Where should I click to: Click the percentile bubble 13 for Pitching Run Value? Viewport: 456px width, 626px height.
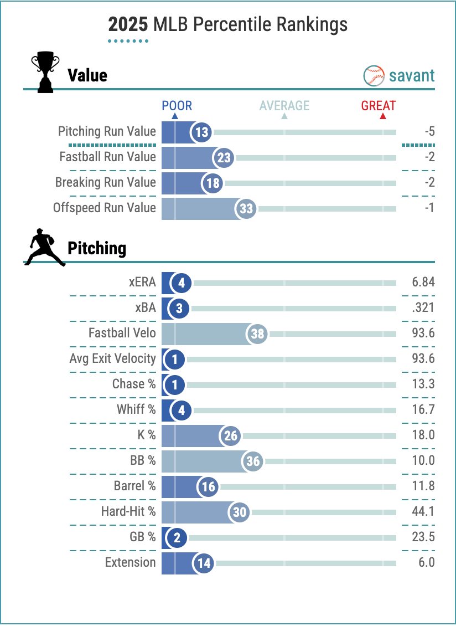(x=202, y=132)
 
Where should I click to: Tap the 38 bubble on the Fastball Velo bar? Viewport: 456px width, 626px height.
(x=257, y=334)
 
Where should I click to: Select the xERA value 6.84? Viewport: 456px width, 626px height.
(x=423, y=283)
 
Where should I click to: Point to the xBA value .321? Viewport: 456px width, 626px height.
(x=423, y=309)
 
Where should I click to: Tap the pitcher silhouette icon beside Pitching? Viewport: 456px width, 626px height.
(x=45, y=247)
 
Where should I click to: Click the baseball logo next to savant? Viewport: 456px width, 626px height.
(x=374, y=76)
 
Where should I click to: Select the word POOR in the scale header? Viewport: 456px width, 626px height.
(x=177, y=106)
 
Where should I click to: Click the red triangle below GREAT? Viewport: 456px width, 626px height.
(x=382, y=116)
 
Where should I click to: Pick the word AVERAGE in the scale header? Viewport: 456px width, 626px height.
(x=284, y=106)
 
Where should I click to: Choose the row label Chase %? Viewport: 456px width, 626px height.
(x=134, y=384)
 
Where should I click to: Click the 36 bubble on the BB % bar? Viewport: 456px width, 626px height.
(x=253, y=461)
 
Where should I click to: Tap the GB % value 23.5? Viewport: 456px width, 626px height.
(x=423, y=537)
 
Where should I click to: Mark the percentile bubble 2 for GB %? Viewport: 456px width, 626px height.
(x=177, y=537)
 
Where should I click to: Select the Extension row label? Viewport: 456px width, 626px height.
(x=131, y=562)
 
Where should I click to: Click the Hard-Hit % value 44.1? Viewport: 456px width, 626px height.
(x=423, y=511)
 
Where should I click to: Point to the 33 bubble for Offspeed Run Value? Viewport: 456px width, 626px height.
(x=246, y=209)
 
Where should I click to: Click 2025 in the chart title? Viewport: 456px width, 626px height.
(x=128, y=25)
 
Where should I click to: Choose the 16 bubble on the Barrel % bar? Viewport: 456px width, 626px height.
(x=208, y=487)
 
